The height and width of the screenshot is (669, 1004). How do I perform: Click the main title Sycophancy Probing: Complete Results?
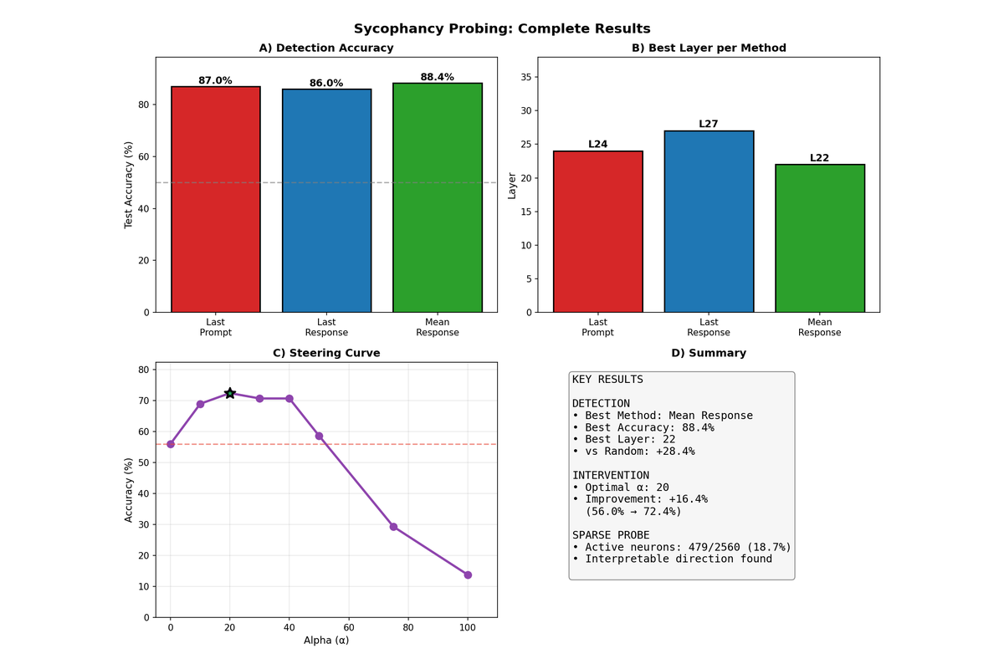pos(502,28)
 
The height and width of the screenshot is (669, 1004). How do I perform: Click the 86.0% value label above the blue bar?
pos(326,83)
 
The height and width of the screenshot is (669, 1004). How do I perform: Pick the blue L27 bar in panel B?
pos(709,222)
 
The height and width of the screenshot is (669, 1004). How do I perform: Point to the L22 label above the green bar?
pos(820,158)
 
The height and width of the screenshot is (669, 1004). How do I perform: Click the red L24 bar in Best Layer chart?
pos(598,232)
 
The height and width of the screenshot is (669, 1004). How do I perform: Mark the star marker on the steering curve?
pos(230,393)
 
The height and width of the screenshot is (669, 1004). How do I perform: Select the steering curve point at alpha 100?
pos(468,575)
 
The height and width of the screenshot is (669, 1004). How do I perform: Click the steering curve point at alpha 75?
pos(393,527)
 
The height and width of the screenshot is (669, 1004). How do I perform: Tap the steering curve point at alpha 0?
pos(171,444)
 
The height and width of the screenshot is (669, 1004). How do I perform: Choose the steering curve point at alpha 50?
pos(319,436)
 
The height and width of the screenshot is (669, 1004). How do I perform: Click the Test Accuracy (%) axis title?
pos(129,185)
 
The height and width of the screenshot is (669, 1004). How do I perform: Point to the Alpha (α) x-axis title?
pos(326,641)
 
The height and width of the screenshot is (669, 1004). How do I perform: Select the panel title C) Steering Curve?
pos(326,353)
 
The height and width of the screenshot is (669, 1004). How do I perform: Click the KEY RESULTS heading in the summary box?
pos(607,380)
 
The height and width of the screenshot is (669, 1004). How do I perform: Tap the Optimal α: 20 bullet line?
pos(620,488)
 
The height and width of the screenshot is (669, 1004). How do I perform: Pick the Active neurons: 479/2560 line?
pos(681,547)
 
